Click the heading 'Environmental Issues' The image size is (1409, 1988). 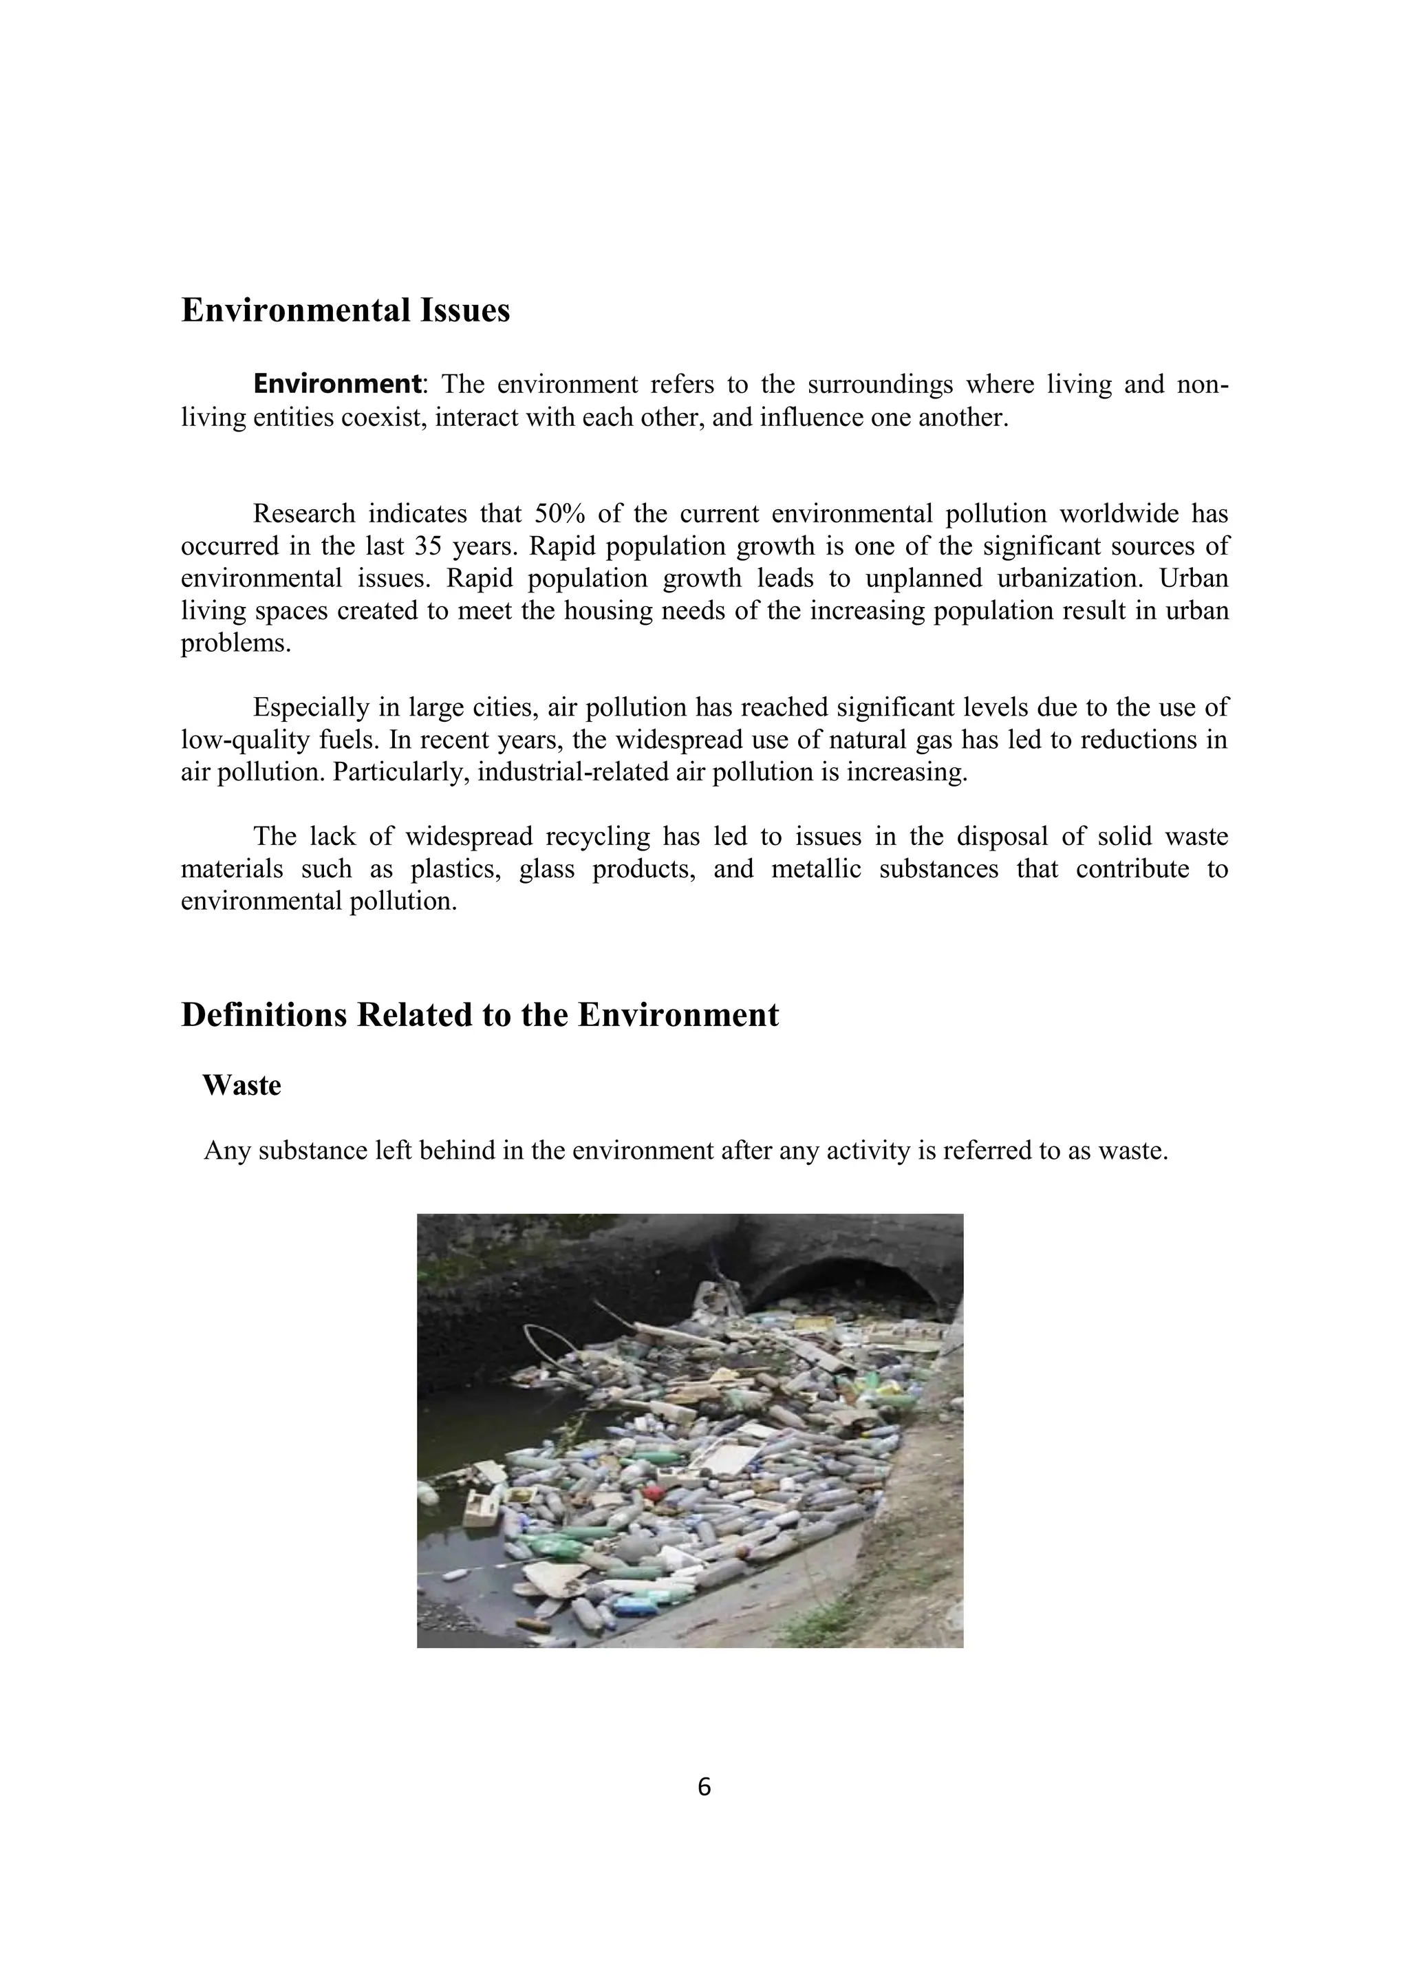pyautogui.click(x=345, y=310)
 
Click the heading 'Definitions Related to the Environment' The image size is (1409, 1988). pyautogui.click(x=480, y=1014)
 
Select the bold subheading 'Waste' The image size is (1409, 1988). pyautogui.click(x=242, y=1086)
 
